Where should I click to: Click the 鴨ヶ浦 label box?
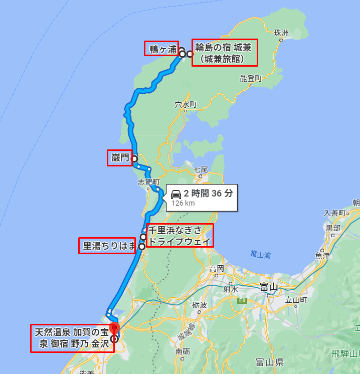[161, 49]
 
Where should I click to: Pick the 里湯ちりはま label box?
[108, 246]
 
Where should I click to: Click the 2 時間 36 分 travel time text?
[208, 194]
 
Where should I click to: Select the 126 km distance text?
[183, 203]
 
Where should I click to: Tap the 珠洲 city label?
[281, 33]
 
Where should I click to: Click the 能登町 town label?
[251, 78]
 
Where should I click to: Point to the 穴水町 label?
[186, 105]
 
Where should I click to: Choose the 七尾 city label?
[201, 169]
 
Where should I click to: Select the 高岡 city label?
[217, 268]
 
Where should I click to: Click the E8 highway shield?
[243, 300]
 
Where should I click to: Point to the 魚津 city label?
[322, 255]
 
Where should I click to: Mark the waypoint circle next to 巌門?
[134, 158]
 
